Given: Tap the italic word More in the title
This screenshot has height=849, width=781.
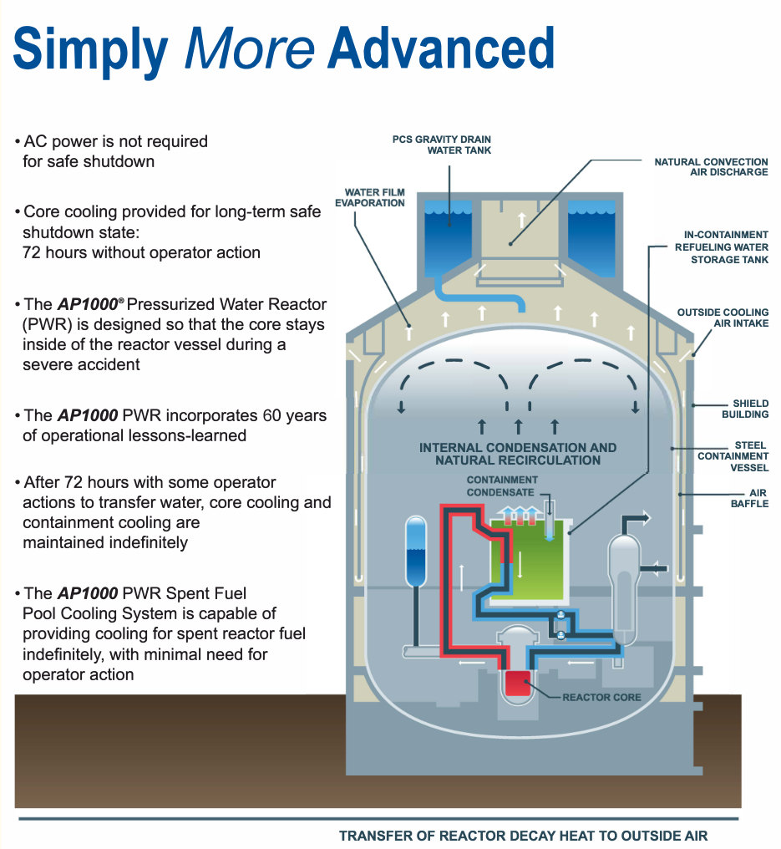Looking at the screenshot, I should [250, 48].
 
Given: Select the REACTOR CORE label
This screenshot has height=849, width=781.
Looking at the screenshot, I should [601, 697].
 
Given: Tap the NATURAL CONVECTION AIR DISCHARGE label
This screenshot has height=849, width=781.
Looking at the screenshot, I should [711, 166].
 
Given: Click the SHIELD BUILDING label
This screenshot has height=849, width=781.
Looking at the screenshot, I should [745, 409].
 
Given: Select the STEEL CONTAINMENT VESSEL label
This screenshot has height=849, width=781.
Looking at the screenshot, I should [733, 456].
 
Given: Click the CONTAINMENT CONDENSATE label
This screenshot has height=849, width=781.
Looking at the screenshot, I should [502, 486].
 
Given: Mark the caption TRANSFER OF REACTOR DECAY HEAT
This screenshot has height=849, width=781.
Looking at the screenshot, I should [524, 836].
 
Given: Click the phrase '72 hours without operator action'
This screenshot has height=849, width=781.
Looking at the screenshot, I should [141, 252].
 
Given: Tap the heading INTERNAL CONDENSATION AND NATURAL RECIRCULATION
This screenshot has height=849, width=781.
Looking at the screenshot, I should [518, 454].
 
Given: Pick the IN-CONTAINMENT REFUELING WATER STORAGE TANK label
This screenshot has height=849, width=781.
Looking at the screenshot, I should [722, 247].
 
